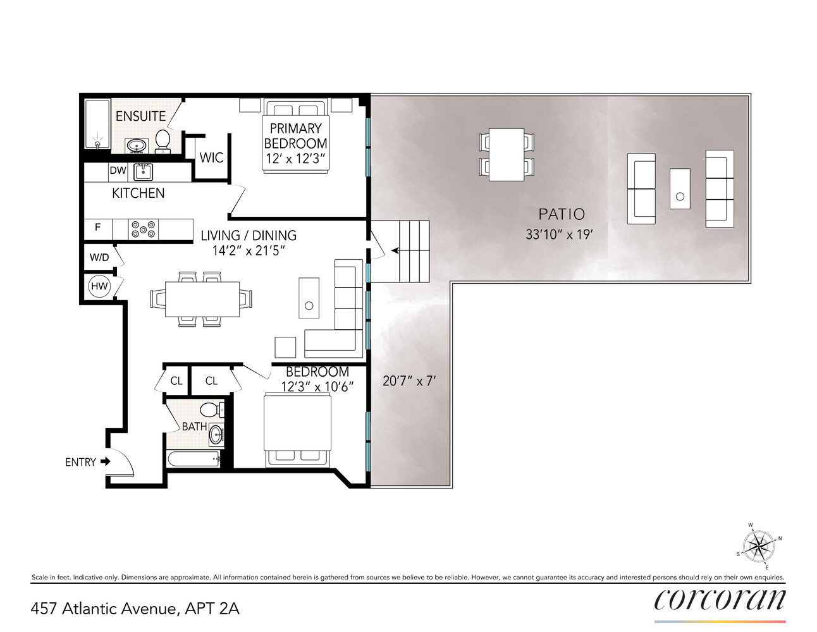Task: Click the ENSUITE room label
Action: (140, 116)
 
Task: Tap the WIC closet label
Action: (211, 157)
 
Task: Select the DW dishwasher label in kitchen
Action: (118, 171)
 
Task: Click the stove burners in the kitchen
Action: (144, 229)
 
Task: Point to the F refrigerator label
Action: (97, 227)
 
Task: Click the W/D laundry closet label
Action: (99, 257)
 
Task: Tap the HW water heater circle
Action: (99, 286)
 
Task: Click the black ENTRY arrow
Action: (105, 461)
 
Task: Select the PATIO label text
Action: (561, 214)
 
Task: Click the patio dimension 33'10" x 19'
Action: (558, 234)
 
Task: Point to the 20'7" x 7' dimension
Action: (409, 381)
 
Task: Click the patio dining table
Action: (507, 155)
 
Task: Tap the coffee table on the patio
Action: (680, 188)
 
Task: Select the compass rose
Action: (758, 546)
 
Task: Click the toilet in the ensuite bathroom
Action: (163, 141)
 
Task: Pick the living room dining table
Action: (202, 299)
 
